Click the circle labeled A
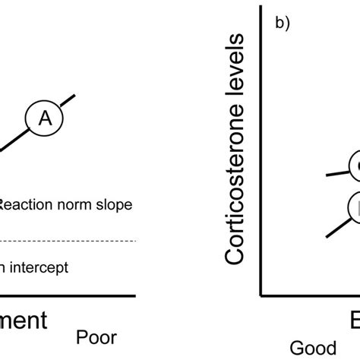[x=45, y=116]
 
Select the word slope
[x=114, y=204]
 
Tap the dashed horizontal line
[x=68, y=220]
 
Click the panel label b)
[x=283, y=23]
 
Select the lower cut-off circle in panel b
[x=355, y=207]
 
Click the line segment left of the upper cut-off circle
[x=336, y=172]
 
